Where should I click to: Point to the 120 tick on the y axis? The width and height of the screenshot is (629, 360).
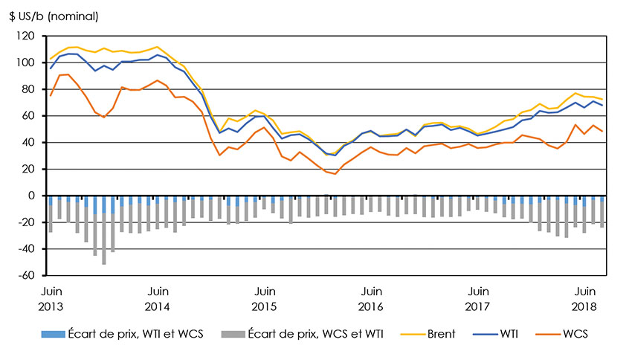[x=27, y=36]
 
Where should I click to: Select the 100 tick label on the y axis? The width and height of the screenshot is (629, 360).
[x=27, y=62]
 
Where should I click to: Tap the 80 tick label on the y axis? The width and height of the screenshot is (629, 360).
[x=29, y=89]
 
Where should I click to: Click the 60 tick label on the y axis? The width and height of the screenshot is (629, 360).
[x=29, y=116]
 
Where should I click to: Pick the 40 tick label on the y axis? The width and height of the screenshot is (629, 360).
[x=29, y=143]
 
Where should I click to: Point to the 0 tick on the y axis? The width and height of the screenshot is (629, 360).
[x=32, y=196]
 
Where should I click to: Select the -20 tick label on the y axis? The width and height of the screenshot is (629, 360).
[x=28, y=222]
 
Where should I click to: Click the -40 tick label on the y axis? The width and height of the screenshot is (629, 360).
[x=28, y=249]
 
